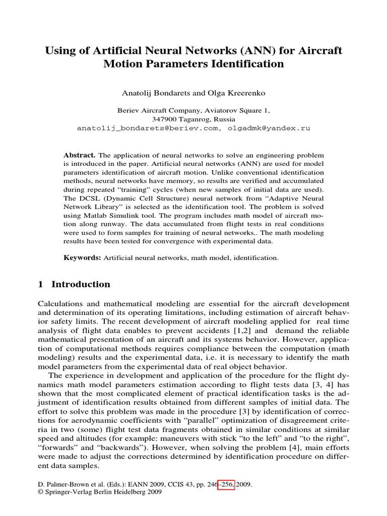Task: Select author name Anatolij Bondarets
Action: coord(154,94)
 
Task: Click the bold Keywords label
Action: coord(82,257)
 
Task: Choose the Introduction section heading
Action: coord(81,284)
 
